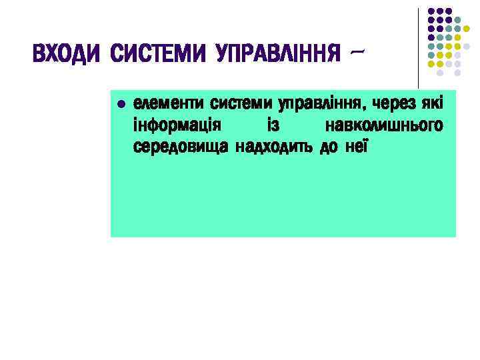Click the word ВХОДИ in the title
click(x=67, y=53)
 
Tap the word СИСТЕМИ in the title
click(x=159, y=53)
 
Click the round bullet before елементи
click(x=120, y=105)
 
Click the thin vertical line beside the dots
click(x=419, y=47)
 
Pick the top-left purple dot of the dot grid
click(x=431, y=11)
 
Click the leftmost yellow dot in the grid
click(x=431, y=63)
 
